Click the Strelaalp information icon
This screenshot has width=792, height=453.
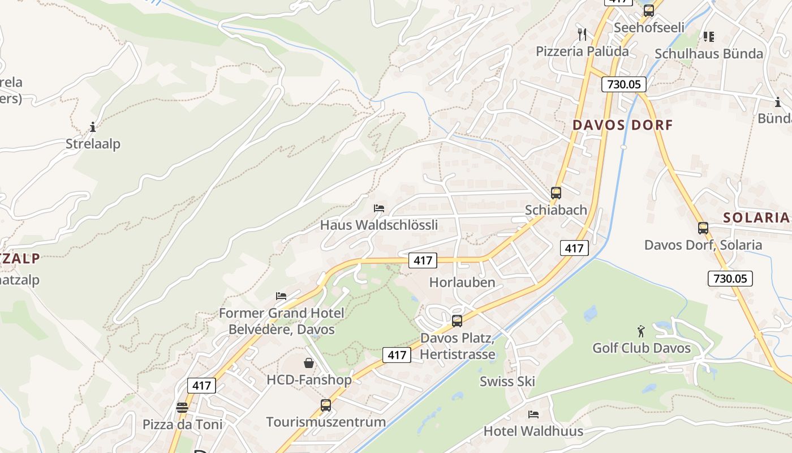coord(93,127)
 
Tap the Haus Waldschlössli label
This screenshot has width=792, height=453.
coord(379,225)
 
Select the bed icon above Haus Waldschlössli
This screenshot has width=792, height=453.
coord(379,208)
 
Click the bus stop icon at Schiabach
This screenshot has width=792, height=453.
coord(556,193)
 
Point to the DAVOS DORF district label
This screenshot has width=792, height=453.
coord(623,125)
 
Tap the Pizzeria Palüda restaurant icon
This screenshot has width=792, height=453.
coord(582,35)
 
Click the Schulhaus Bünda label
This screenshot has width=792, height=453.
coord(709,54)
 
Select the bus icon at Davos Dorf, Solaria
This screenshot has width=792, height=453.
coord(703,228)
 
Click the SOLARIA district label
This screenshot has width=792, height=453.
coord(756,217)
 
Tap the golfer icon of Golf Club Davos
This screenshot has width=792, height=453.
coord(641,331)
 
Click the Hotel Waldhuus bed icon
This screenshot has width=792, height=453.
coord(533,414)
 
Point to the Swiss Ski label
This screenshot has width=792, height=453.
coord(507,381)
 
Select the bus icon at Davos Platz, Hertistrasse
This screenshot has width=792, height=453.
coord(457,321)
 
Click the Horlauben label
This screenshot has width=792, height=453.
coord(462,282)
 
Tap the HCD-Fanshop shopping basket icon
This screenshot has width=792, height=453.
coord(309,363)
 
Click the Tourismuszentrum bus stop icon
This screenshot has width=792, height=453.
coord(326,405)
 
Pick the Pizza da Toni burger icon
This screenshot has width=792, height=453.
coord(182,408)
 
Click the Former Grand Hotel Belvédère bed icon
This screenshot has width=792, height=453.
coord(281,296)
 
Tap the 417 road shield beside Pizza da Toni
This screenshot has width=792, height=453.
coord(201,386)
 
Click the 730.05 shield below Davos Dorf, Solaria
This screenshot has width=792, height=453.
coord(730,278)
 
